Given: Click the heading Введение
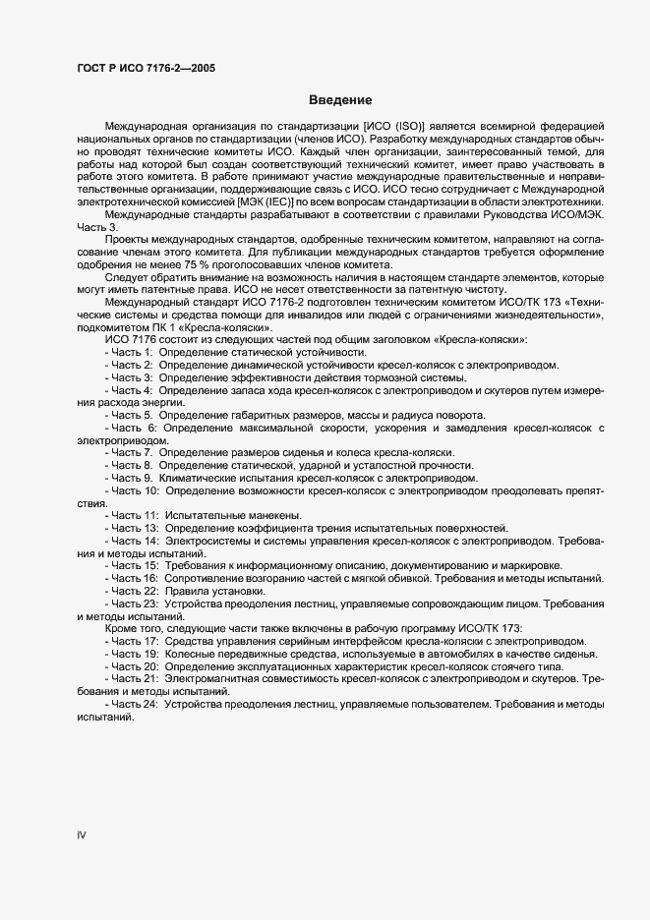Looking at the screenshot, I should click(x=339, y=100).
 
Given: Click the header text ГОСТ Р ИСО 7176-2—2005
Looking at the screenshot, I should click(x=146, y=69).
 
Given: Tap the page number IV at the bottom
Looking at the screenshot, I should click(x=83, y=835).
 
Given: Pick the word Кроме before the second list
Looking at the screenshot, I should click(x=122, y=628).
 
